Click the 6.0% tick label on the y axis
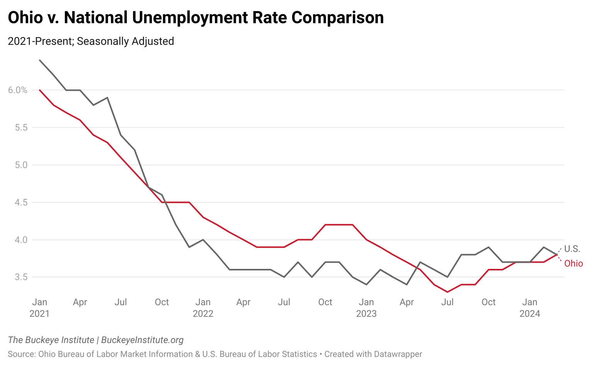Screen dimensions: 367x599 (x=17, y=90)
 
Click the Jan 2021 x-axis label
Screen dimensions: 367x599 (x=39, y=308)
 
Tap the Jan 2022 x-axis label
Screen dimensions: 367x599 (x=203, y=308)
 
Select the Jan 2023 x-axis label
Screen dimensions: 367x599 (x=366, y=308)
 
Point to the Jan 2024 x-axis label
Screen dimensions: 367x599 (x=529, y=308)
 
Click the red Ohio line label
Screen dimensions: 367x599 (x=573, y=263)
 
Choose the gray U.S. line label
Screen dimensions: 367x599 (x=572, y=249)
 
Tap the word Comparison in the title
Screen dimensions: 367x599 (x=337, y=18)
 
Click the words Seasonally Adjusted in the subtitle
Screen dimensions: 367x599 (x=126, y=41)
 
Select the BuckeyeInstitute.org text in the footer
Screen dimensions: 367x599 (x=142, y=340)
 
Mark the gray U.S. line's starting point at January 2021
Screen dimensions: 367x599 (x=39, y=60)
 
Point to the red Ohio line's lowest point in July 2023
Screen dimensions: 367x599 (x=448, y=292)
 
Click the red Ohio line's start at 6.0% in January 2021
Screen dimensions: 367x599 (x=39, y=90)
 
